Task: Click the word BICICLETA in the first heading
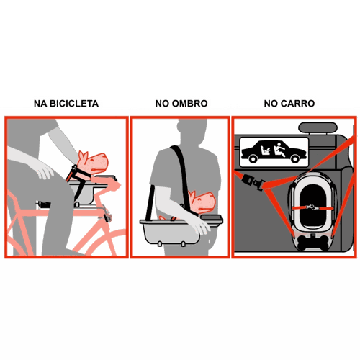pos(74,104)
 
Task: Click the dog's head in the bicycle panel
pos(93,163)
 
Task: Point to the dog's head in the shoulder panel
pos(202,201)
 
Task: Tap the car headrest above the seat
pos(318,127)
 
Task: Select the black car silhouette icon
pos(274,152)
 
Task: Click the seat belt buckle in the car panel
pos(253,181)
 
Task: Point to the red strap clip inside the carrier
pos(312,207)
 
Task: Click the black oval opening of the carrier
pos(312,207)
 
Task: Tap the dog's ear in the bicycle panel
pos(82,157)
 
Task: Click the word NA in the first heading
pos(40,104)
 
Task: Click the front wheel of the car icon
pos(295,158)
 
